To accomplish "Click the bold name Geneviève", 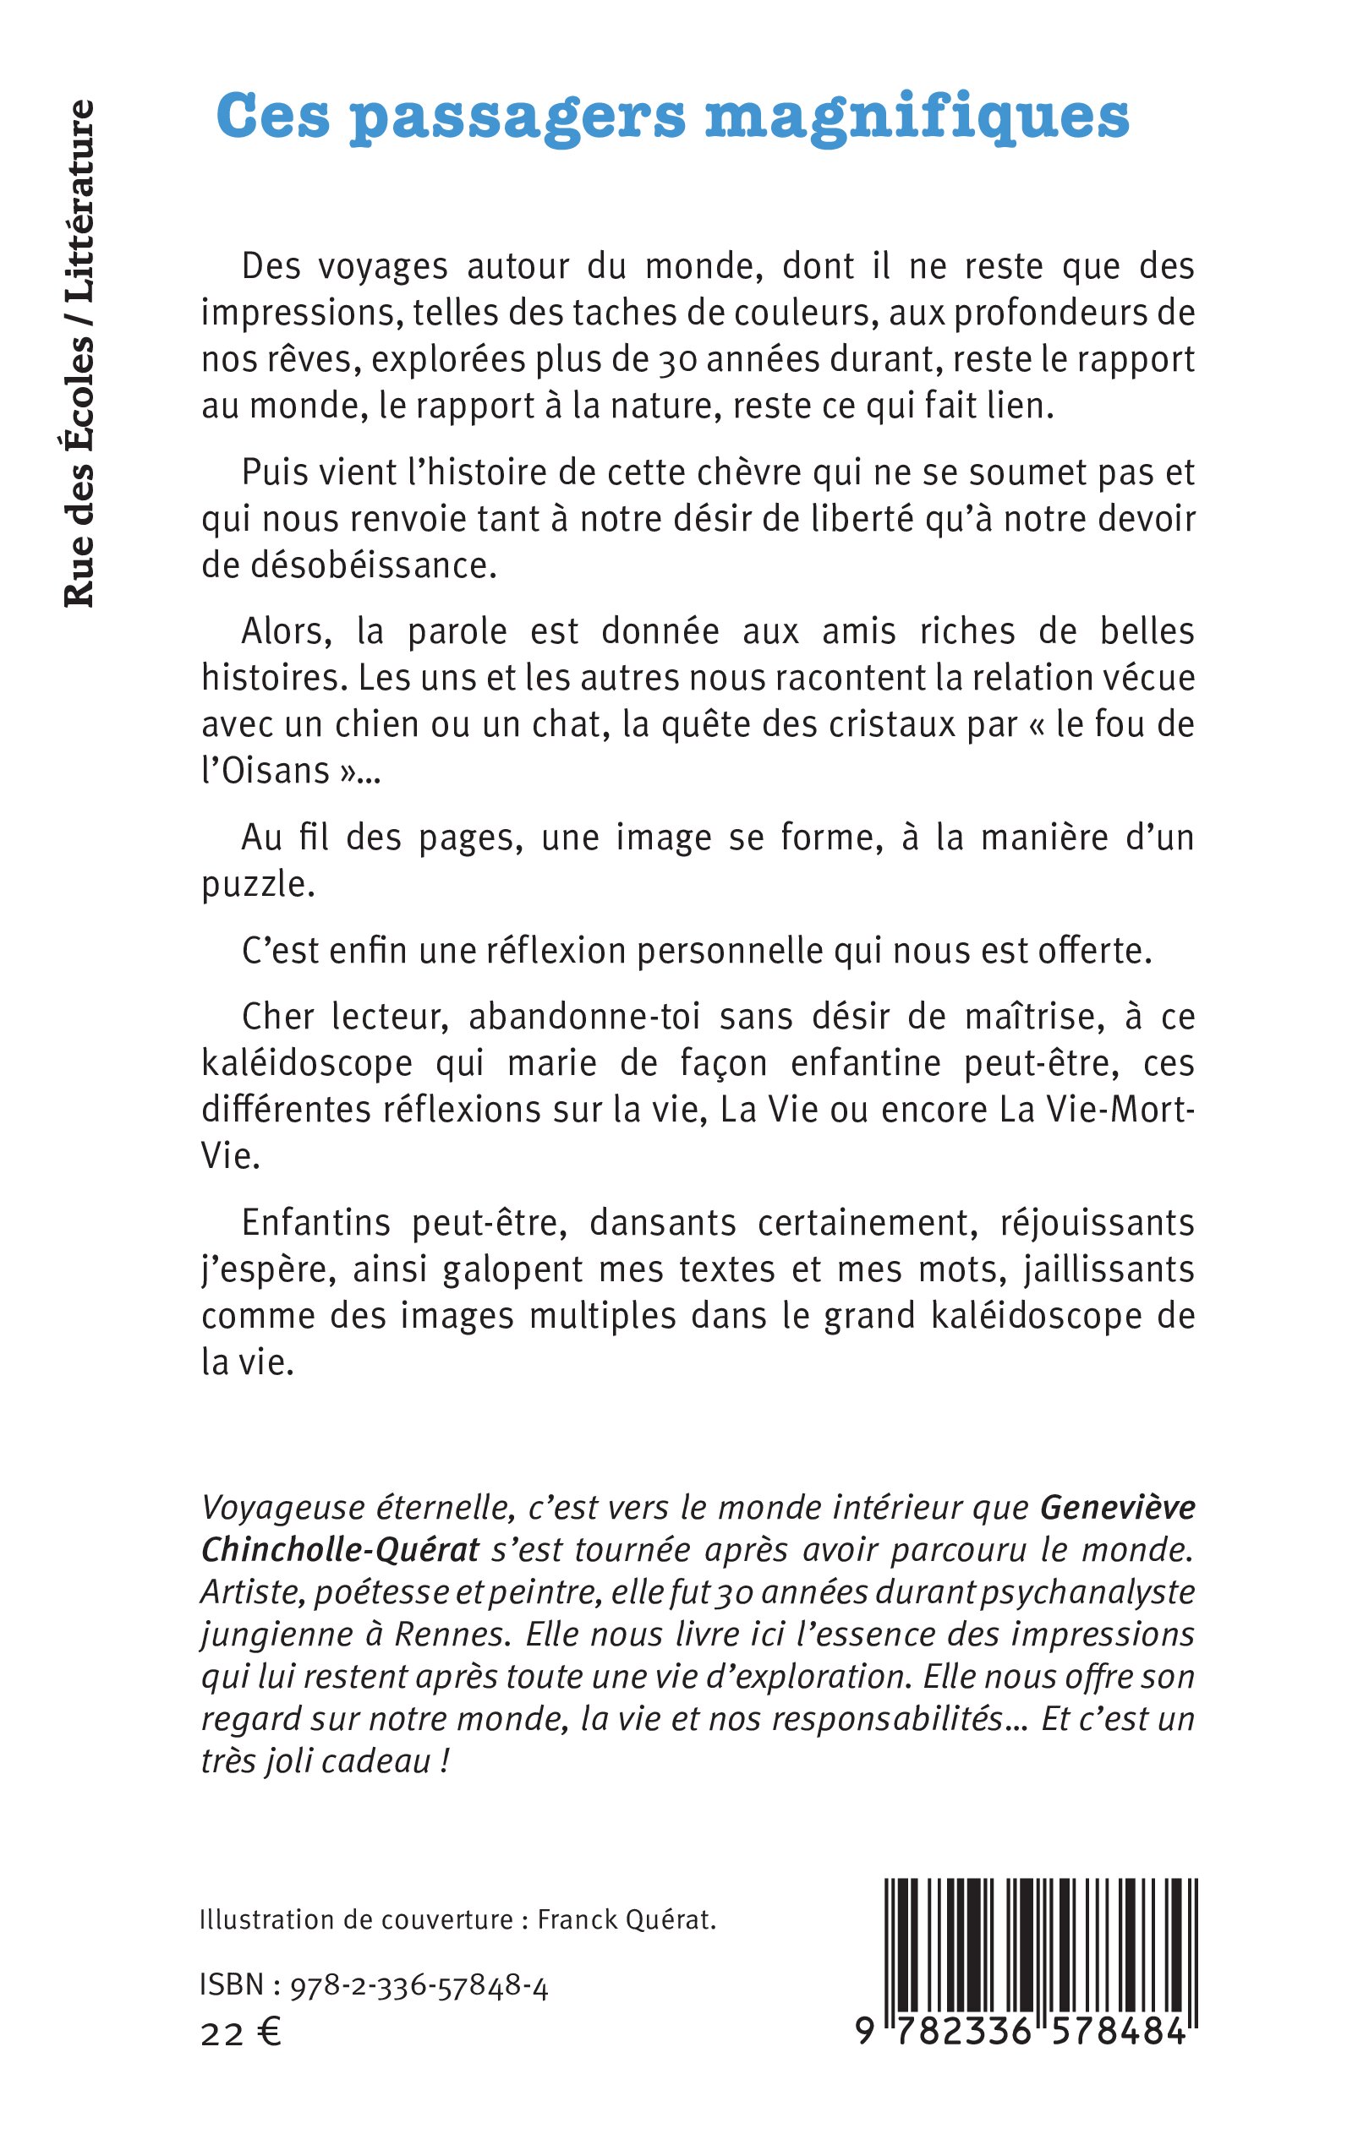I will (1117, 1508).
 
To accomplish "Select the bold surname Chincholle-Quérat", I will (340, 1550).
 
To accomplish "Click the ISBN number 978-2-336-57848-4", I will (419, 1985).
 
